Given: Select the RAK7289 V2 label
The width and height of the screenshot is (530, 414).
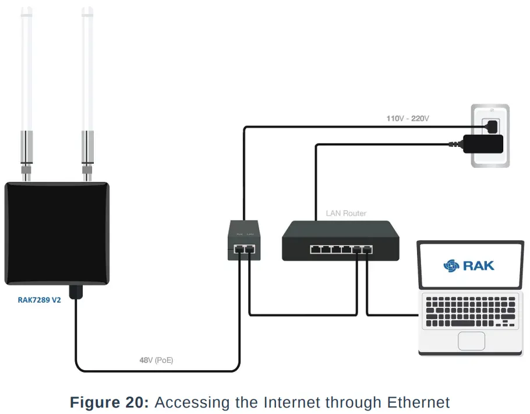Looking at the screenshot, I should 40,301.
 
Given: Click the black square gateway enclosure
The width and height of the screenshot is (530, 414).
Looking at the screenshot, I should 57,233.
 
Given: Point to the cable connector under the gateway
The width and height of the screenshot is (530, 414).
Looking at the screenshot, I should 75,292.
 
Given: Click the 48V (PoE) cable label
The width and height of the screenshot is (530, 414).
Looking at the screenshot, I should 156,360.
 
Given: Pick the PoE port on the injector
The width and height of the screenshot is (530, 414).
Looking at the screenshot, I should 239,250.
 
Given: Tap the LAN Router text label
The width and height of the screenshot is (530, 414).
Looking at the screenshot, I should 346,213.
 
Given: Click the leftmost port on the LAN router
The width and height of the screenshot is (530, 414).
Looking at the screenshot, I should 315,250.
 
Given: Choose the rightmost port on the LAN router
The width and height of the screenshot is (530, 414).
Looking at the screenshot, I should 367,250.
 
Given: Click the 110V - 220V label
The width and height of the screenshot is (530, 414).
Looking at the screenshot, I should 408,118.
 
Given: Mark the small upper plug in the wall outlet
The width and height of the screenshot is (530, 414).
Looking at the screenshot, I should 491,125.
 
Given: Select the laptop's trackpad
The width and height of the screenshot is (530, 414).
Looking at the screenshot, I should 471,340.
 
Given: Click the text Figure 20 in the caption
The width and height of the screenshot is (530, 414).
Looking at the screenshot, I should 109,402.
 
